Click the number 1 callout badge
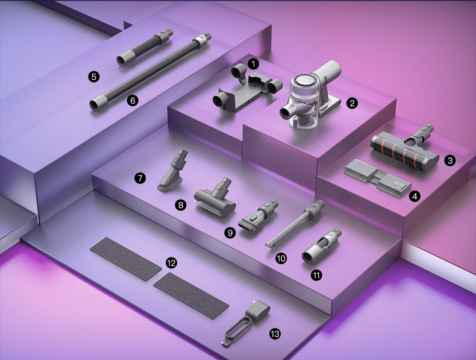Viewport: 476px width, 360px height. point(254,64)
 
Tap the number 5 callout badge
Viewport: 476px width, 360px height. point(94,77)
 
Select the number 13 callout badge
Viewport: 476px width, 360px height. point(275,334)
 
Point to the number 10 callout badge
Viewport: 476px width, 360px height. point(281,259)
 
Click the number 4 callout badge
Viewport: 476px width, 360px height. point(415,196)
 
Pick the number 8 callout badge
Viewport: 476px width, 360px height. point(181,206)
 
